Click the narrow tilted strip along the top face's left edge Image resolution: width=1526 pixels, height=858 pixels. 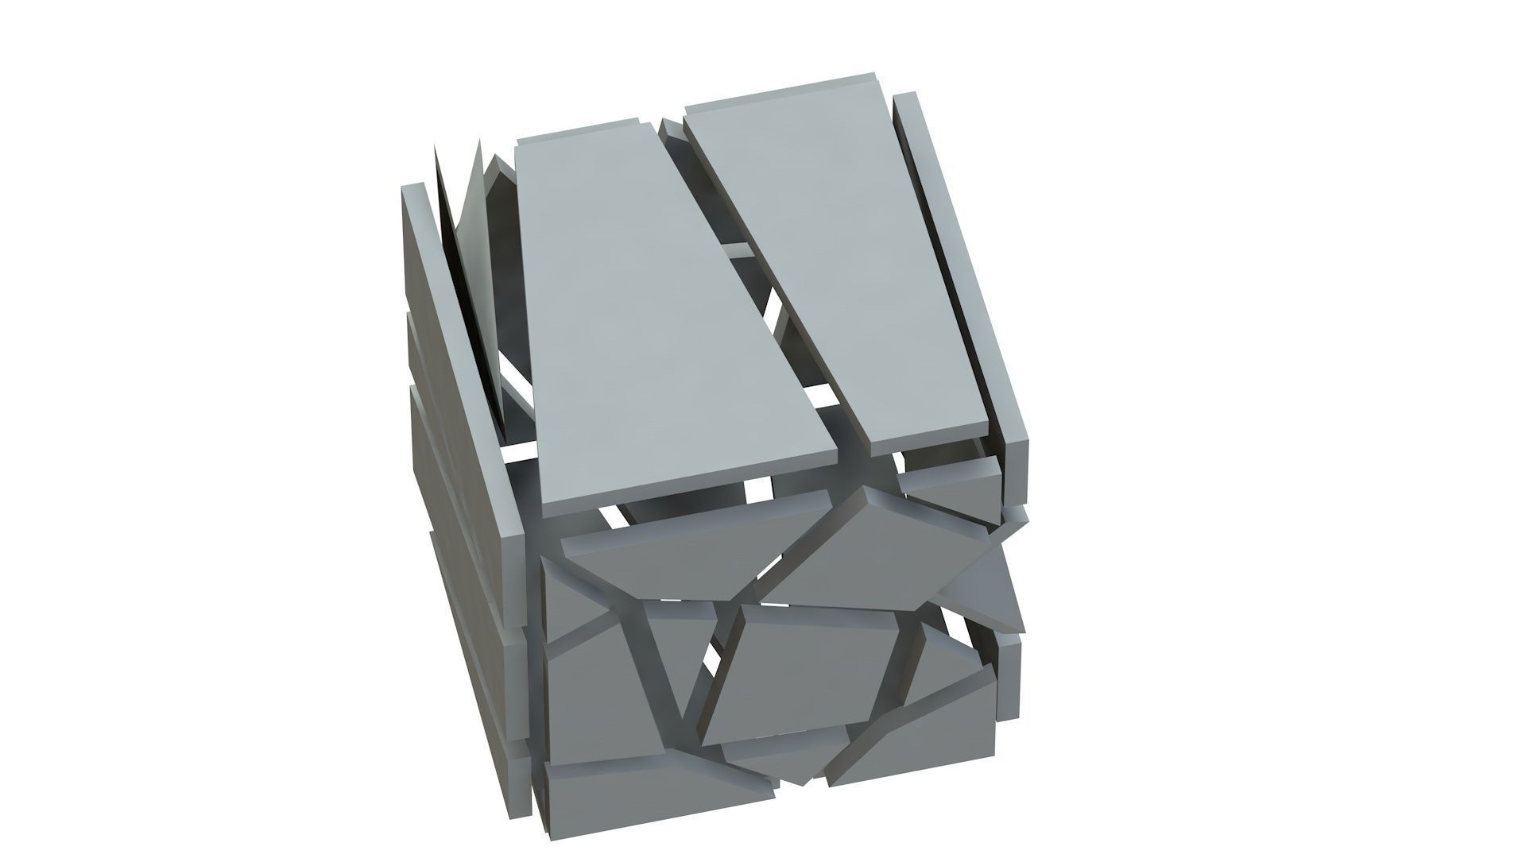click(461, 357)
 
